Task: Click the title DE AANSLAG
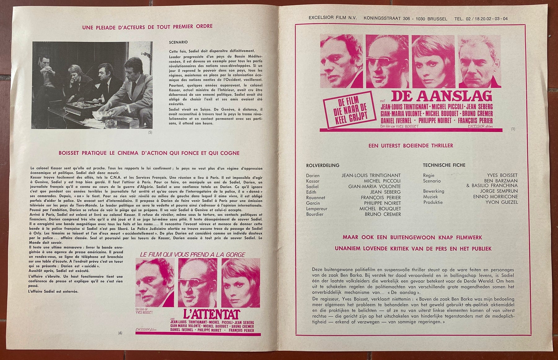tap(441, 96)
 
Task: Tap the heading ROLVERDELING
tap(322, 165)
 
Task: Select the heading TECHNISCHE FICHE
tap(444, 165)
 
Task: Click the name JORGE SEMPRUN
tap(499, 191)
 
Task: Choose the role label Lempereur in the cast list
tap(317, 209)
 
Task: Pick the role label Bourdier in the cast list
tap(315, 214)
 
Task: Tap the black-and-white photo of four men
tap(92, 85)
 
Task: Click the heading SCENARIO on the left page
tap(178, 42)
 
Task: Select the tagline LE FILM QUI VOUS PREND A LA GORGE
tap(192, 255)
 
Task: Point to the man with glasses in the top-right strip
tap(387, 61)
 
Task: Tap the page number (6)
tap(120, 333)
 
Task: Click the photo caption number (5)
tap(150, 132)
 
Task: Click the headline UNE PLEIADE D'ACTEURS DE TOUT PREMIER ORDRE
tap(147, 27)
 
